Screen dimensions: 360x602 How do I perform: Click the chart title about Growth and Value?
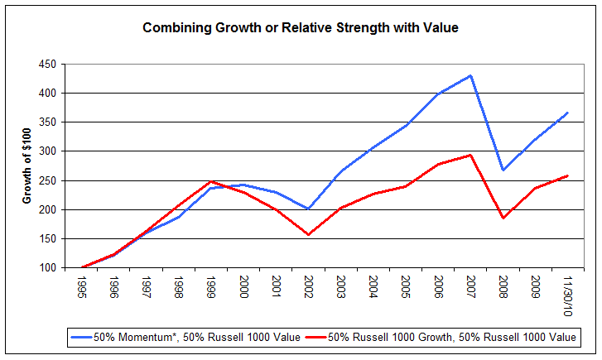point(301,27)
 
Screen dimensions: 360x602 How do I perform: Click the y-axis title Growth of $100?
point(27,166)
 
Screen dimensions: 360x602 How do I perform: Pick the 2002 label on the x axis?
point(308,286)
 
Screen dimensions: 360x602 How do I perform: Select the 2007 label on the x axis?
point(470,286)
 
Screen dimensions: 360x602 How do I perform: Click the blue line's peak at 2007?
point(470,75)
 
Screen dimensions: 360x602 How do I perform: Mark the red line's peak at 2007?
point(470,155)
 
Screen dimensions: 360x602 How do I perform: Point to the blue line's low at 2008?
point(502,170)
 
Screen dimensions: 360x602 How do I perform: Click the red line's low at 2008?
point(502,218)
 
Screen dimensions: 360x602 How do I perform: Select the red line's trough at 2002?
point(308,235)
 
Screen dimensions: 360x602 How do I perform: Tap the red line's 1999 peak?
point(211,181)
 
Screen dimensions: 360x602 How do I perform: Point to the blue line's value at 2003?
point(340,171)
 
